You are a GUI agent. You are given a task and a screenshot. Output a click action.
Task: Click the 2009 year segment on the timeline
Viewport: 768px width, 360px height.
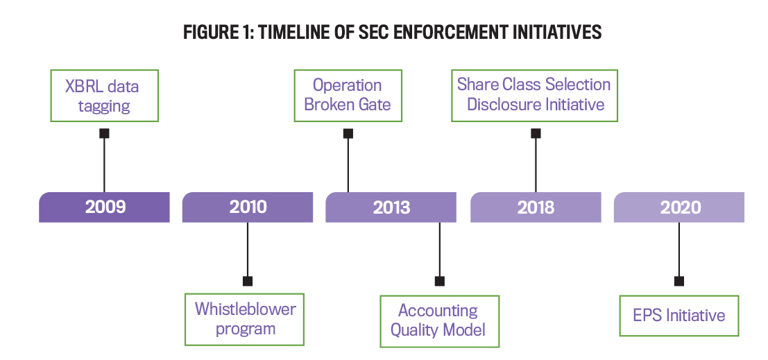pyautogui.click(x=105, y=207)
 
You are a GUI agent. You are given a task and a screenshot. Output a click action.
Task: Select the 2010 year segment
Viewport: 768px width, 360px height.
pyautogui.click(x=248, y=207)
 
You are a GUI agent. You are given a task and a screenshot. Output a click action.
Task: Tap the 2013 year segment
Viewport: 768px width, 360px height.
pyautogui.click(x=391, y=207)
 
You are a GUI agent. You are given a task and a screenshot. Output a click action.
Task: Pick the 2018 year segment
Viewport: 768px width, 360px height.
pyautogui.click(x=536, y=207)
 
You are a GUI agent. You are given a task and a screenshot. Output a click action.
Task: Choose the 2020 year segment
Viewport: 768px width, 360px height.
pyautogui.click(x=679, y=207)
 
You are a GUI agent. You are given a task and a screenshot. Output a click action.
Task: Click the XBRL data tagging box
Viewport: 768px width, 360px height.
pyautogui.click(x=104, y=96)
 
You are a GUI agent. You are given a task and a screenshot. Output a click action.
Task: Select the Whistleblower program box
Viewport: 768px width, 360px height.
pyautogui.click(x=245, y=319)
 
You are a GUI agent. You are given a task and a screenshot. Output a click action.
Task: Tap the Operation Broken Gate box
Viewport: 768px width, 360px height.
pyautogui.click(x=348, y=95)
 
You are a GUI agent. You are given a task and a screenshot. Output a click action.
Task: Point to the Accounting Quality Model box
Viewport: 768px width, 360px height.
pyautogui.click(x=439, y=320)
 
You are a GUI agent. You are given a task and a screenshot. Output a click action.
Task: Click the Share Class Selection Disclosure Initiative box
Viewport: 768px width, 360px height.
pyautogui.click(x=534, y=95)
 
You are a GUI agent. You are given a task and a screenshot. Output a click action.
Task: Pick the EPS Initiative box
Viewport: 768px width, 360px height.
pyautogui.click(x=679, y=316)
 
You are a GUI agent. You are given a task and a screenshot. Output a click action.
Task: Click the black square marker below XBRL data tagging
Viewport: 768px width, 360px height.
pyautogui.click(x=104, y=133)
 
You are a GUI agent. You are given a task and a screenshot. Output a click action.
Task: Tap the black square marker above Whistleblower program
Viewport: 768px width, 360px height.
pyautogui.click(x=248, y=281)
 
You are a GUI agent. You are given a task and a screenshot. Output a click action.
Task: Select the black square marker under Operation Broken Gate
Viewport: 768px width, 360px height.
pyautogui.click(x=348, y=133)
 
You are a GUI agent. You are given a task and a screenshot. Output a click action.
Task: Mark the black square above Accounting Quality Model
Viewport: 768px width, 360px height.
pyautogui.click(x=439, y=281)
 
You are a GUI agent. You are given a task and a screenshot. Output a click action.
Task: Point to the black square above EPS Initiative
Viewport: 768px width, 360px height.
pyautogui.click(x=679, y=281)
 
